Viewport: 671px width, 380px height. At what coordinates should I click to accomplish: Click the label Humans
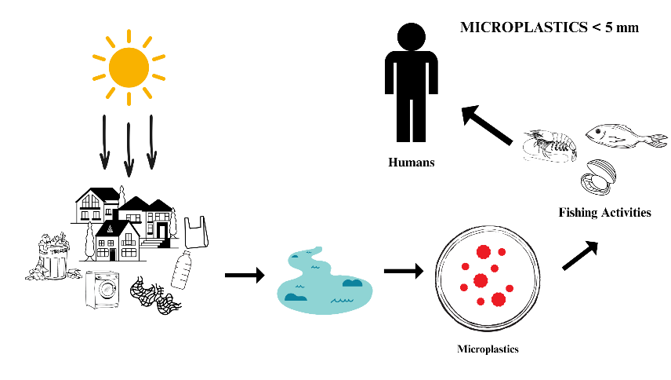coord(412,163)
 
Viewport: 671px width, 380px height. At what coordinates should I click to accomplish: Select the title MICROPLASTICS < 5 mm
coord(549,27)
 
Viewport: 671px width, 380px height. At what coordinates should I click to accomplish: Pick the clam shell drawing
coord(598,179)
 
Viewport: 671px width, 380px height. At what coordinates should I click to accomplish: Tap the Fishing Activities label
coord(604,212)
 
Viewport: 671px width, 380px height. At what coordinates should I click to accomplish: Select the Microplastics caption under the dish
coord(488,348)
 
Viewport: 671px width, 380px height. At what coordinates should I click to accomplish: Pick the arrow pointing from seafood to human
coord(487,125)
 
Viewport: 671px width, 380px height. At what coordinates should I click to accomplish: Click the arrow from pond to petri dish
coord(403,271)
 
